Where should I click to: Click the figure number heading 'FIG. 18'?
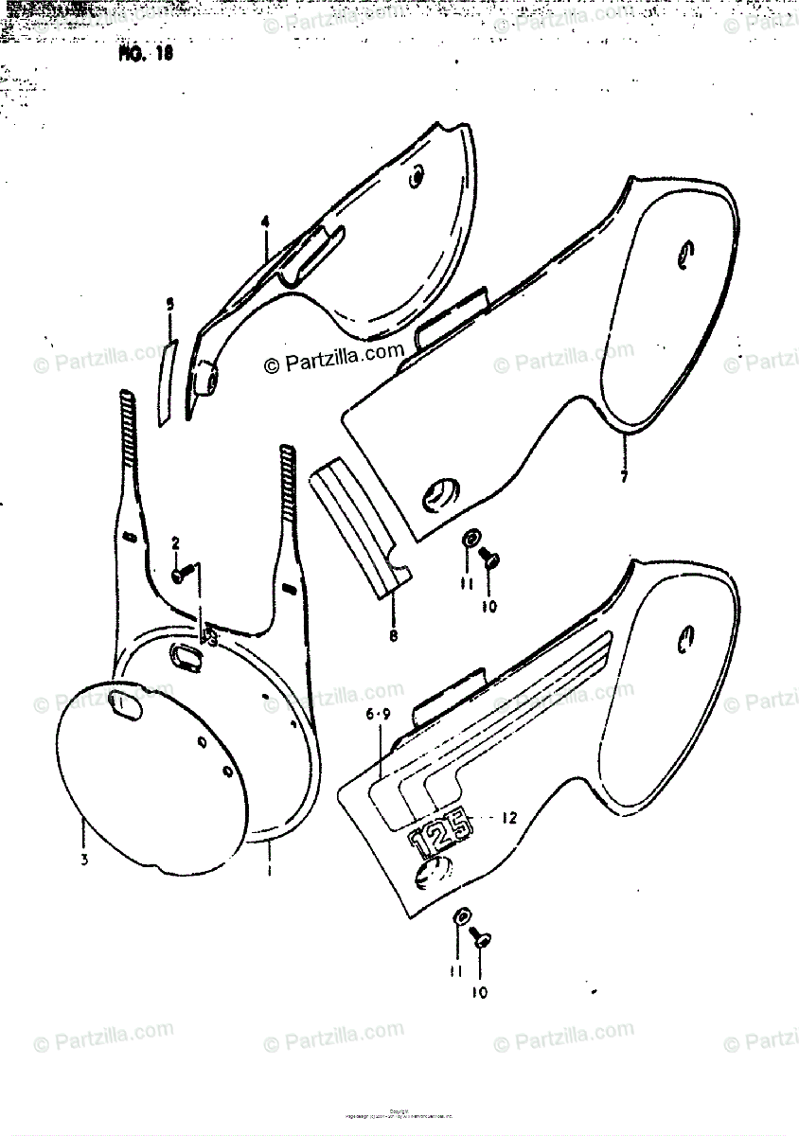pos(145,53)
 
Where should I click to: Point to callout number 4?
pos(266,222)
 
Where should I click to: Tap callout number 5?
pos(170,305)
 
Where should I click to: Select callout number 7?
pos(624,477)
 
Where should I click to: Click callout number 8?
pos(393,635)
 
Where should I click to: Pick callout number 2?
pos(175,543)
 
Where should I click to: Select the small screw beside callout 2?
pos(183,572)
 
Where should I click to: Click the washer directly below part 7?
pos(470,539)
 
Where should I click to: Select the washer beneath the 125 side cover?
pos(462,917)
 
